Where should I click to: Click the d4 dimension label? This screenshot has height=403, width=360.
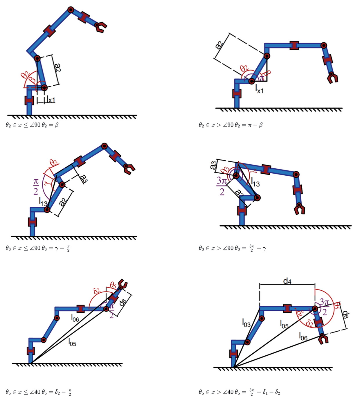pyautogui.click(x=287, y=281)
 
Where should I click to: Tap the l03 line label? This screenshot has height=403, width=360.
pyautogui.click(x=246, y=323)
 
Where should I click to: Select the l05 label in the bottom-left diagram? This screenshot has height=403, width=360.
pyautogui.click(x=72, y=343)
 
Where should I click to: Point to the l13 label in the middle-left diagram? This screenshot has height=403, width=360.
pyautogui.click(x=43, y=201)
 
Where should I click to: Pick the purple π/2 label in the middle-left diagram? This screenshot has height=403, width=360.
pyautogui.click(x=36, y=186)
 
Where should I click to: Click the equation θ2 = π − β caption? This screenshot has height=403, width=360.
pyautogui.click(x=231, y=125)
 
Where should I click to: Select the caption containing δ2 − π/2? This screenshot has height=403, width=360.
pyautogui.click(x=38, y=392)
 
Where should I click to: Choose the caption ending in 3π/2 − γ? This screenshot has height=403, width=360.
pyautogui.click(x=232, y=248)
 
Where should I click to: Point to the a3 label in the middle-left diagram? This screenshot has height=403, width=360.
pyautogui.click(x=84, y=178)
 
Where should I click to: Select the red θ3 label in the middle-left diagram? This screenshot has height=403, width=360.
pyautogui.click(x=53, y=163)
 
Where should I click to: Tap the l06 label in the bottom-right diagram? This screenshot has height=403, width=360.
pyautogui.click(x=303, y=337)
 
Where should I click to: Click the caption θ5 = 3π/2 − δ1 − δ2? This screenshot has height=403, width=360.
pyautogui.click(x=239, y=392)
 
